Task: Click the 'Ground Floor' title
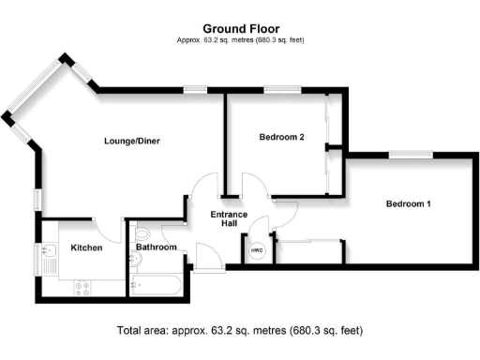coord(241,29)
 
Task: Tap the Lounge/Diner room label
coord(132,142)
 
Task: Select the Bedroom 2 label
coord(282,137)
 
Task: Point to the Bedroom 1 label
coord(409,203)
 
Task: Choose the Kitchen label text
coord(86,247)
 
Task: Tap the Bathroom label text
coord(157,247)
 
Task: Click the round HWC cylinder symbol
coord(257,250)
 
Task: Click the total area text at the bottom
coord(240,331)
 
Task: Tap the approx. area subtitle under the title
coord(241,40)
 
